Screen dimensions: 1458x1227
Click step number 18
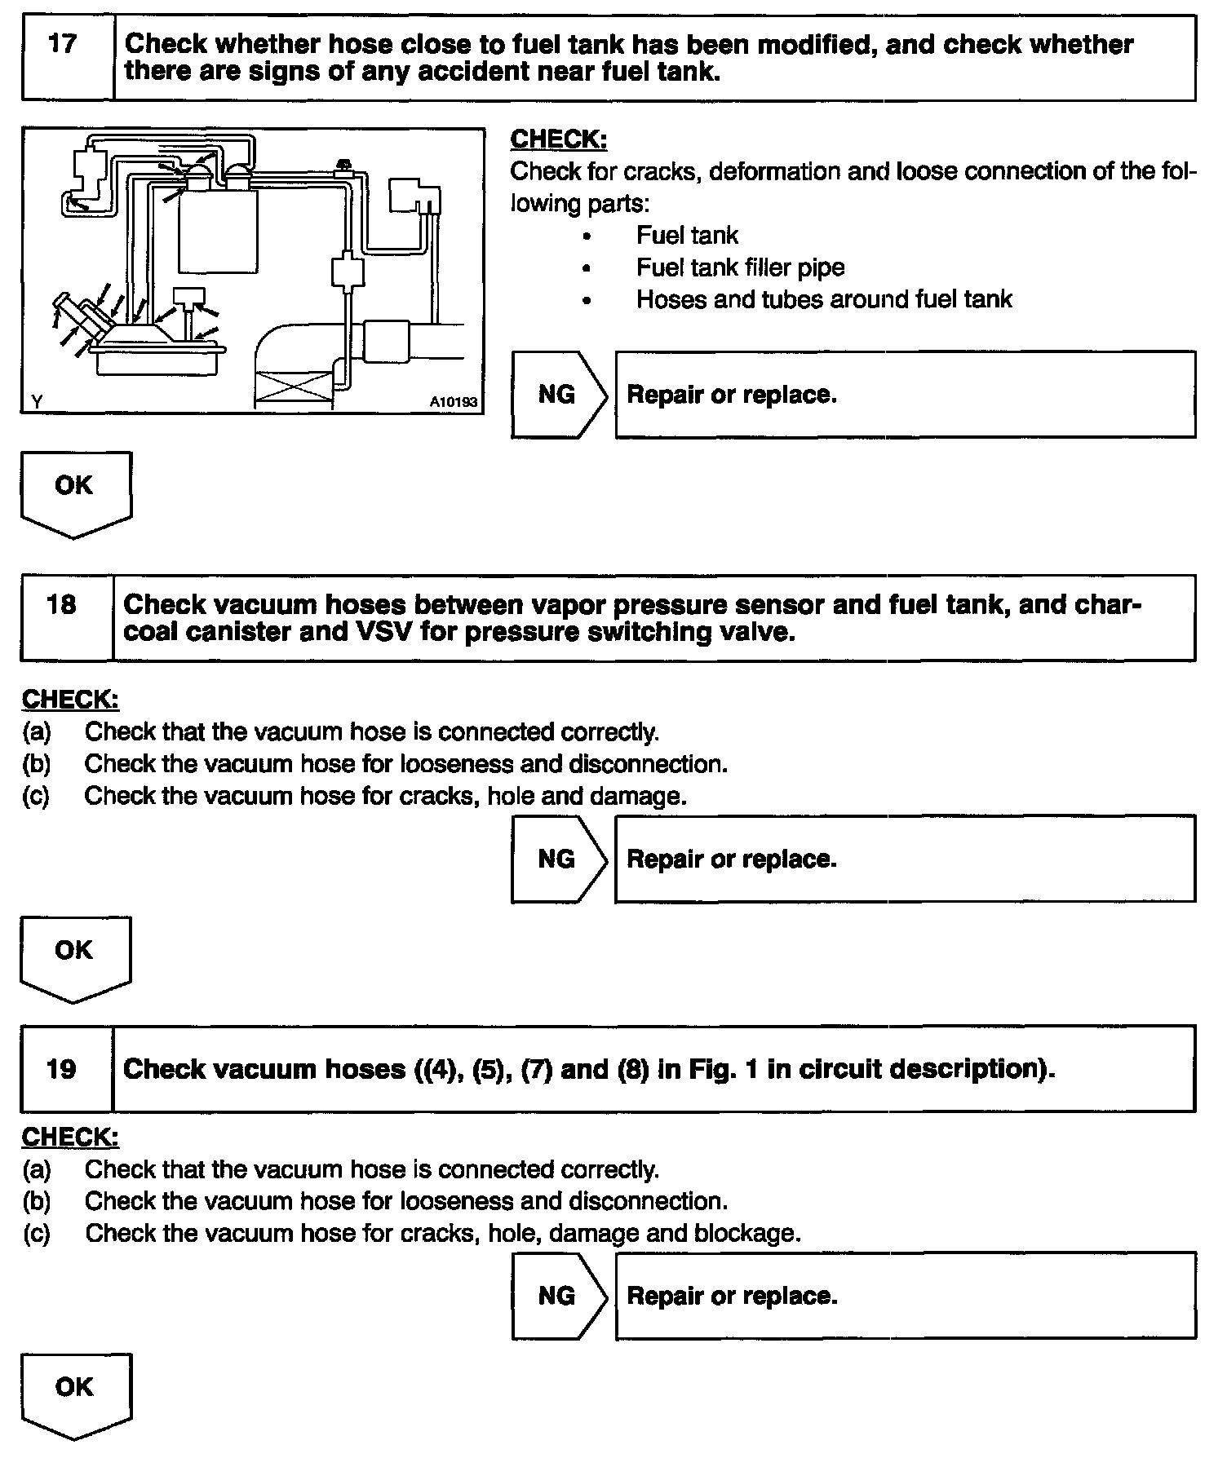coord(63,604)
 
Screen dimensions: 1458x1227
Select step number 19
coord(63,1068)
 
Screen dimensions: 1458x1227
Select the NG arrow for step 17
coord(557,395)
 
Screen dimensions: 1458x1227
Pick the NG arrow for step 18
coord(557,859)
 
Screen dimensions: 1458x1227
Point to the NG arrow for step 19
coord(557,1296)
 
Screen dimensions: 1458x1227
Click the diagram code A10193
coord(453,402)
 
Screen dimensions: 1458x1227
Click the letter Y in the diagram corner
coord(37,401)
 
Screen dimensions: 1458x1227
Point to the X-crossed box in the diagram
coord(295,389)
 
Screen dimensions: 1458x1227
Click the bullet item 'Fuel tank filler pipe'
coord(740,267)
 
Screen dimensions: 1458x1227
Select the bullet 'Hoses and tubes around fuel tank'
coord(824,299)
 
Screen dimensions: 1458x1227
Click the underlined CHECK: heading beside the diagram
coord(559,139)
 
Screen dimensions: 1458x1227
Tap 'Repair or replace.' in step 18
coord(732,859)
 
